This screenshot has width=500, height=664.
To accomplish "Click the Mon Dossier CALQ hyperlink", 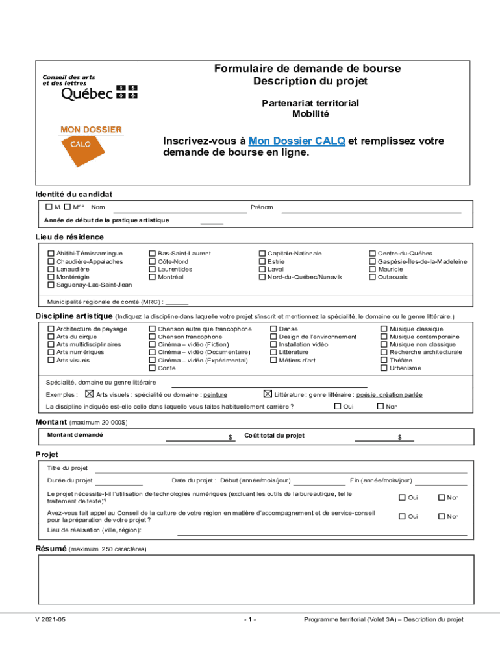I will (297, 141).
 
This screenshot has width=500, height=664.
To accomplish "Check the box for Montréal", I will (153, 277).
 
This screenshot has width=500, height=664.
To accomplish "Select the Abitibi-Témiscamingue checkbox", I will (51, 254).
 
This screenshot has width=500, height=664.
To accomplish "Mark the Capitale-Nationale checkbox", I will (262, 254).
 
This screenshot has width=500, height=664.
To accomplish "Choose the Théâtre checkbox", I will (384, 361).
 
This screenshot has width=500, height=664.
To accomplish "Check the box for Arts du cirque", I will (51, 337).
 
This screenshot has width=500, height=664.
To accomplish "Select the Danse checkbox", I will (273, 329).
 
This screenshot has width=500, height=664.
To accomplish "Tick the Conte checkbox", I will (153, 368).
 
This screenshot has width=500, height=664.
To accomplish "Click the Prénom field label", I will (262, 207).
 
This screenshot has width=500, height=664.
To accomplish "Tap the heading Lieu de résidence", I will (69, 237).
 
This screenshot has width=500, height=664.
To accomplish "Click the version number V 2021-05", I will (51, 620).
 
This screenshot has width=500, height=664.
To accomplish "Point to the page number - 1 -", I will (250, 620).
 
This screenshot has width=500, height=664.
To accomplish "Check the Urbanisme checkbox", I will (384, 368).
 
